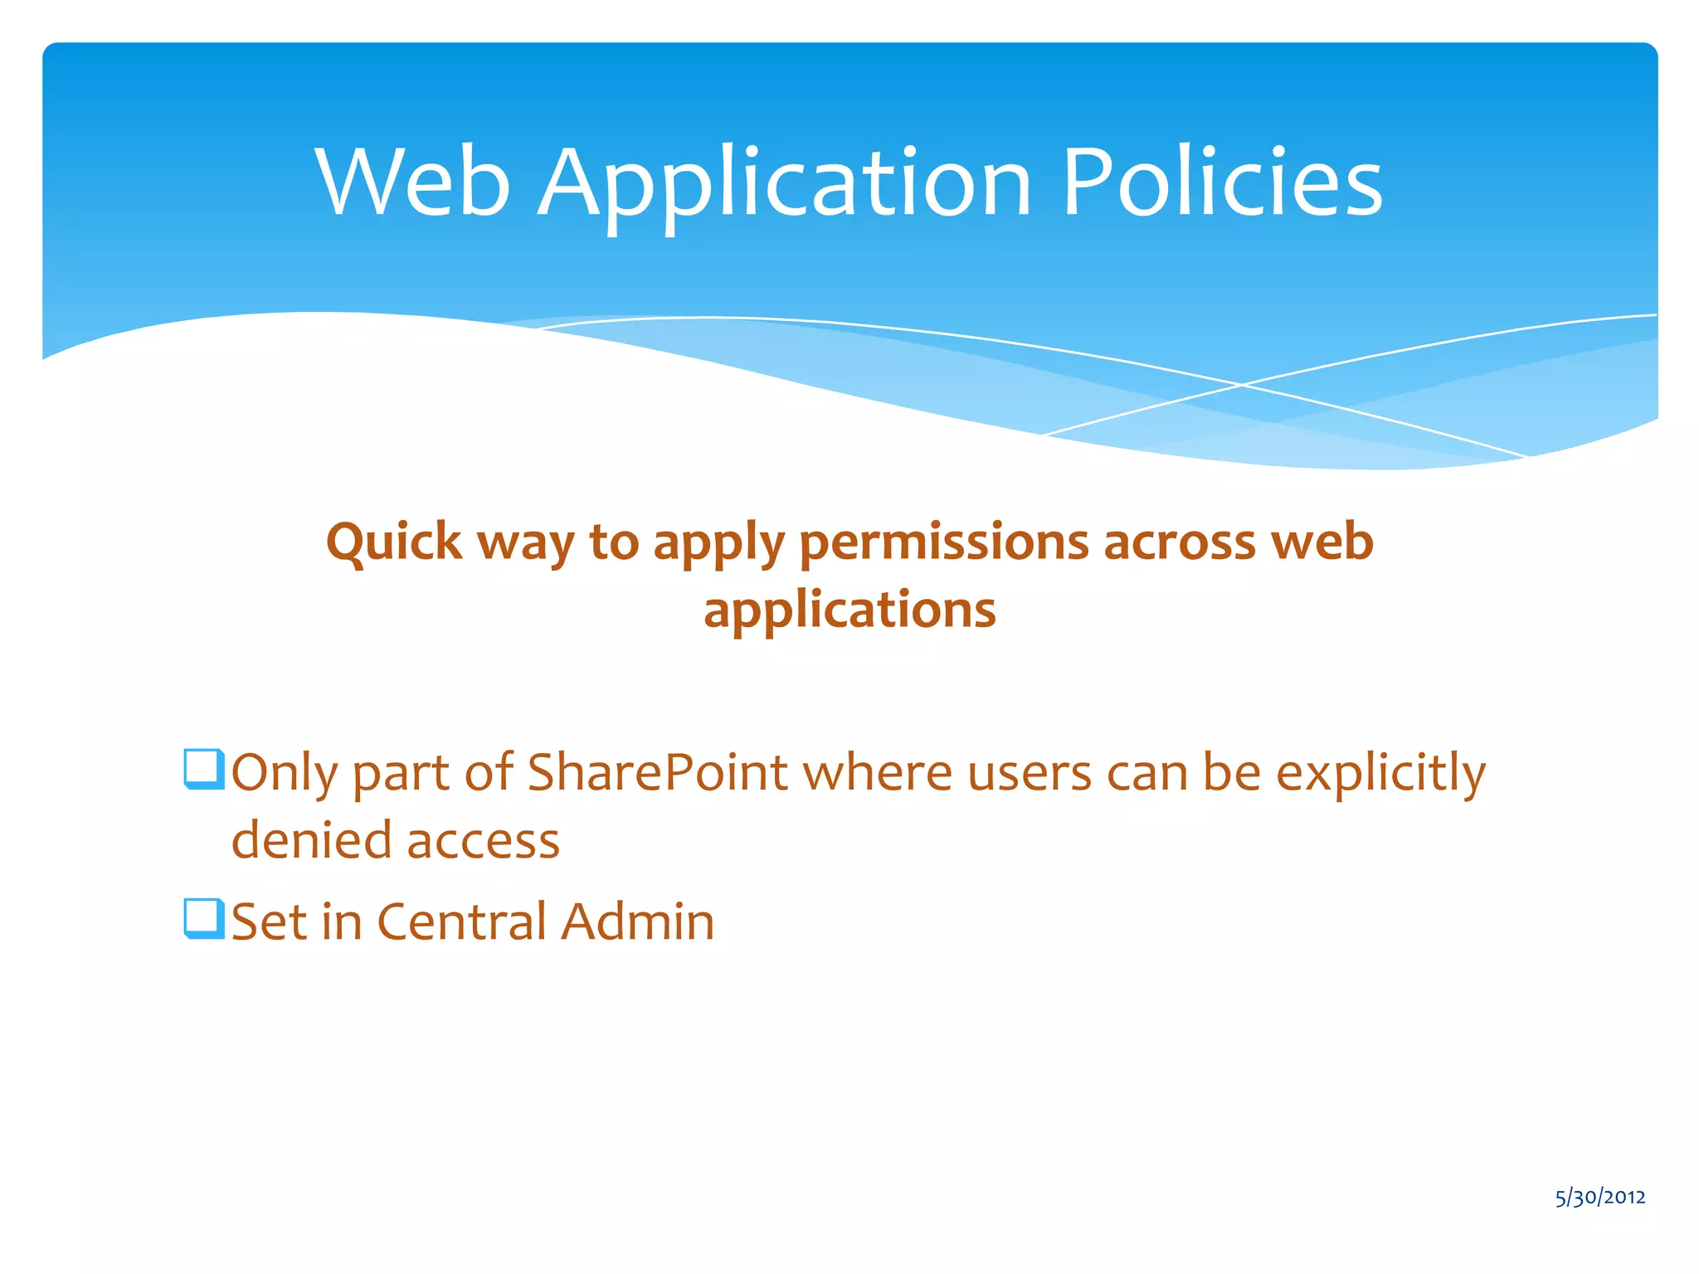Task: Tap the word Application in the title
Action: pyautogui.click(x=785, y=184)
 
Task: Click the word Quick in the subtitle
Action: pyautogui.click(x=393, y=543)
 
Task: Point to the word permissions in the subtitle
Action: pyautogui.click(x=943, y=543)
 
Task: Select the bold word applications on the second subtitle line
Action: pyautogui.click(x=849, y=610)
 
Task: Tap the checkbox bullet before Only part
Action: pyautogui.click(x=203, y=769)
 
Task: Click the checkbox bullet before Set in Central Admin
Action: pyautogui.click(x=203, y=919)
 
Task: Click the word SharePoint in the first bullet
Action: pyautogui.click(x=657, y=773)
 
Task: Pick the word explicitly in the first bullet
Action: pyautogui.click(x=1380, y=773)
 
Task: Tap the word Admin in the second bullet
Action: pyautogui.click(x=637, y=921)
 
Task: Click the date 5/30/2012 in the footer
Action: pyautogui.click(x=1600, y=1197)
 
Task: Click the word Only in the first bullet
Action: pyautogui.click(x=284, y=773)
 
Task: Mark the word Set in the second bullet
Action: pyautogui.click(x=268, y=921)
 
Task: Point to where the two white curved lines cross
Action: pyautogui.click(x=1242, y=385)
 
